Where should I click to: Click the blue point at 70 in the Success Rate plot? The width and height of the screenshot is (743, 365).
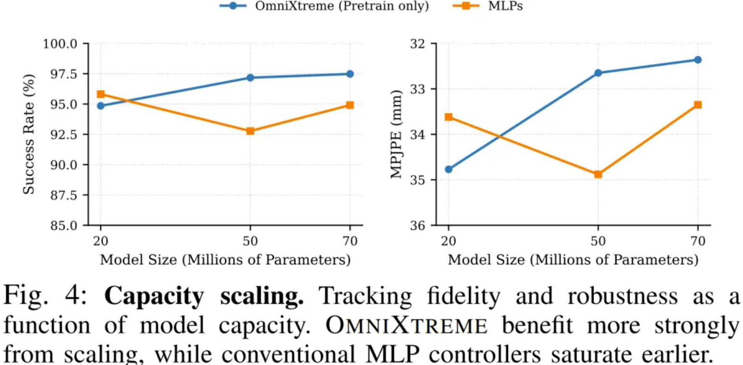coord(350,74)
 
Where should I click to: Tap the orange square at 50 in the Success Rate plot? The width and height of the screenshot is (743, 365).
coord(250,131)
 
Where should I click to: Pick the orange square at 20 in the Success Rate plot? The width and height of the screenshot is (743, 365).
coord(101,94)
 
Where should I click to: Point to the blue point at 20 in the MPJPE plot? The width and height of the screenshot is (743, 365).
coord(448,169)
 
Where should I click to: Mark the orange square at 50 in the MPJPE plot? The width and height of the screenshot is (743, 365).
coord(598,174)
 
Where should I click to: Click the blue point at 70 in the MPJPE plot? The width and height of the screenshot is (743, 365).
coord(698,60)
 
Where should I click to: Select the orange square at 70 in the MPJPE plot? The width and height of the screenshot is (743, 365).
coord(698,104)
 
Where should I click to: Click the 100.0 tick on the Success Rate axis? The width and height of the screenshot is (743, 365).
coord(60,44)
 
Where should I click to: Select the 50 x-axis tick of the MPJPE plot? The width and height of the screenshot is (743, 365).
coord(598,241)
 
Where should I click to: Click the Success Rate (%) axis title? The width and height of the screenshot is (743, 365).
coord(29,134)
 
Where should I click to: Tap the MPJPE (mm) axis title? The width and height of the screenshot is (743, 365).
coord(396,134)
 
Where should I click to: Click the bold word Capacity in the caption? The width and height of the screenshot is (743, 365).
coord(154,296)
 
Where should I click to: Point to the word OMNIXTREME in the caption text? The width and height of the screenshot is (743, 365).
coord(406,326)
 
